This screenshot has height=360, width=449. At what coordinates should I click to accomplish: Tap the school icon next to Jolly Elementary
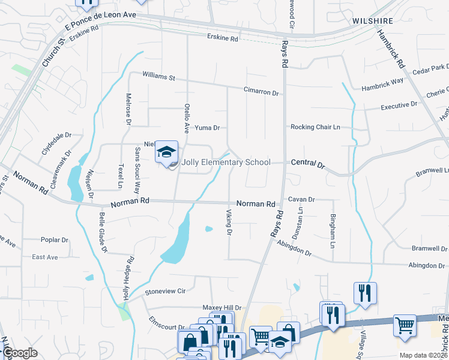pos(166,152)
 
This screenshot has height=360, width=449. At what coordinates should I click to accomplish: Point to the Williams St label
pos(158,77)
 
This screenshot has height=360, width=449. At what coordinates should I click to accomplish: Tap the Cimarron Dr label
pos(261,93)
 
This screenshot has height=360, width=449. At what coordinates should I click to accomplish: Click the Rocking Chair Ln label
pos(315,127)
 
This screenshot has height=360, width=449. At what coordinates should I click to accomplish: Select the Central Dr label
pos(307,163)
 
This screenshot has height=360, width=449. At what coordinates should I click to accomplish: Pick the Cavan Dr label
pos(301,199)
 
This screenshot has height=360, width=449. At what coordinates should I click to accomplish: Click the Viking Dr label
pos(229,223)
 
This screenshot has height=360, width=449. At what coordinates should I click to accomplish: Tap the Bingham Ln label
pos(332,232)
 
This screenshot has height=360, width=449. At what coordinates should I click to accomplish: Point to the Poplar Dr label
pos(55,240)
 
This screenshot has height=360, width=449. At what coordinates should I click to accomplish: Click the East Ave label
pos(45,257)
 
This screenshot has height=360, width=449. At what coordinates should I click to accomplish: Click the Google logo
pos(20,353)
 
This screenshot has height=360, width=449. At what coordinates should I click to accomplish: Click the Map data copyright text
pos(423,355)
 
